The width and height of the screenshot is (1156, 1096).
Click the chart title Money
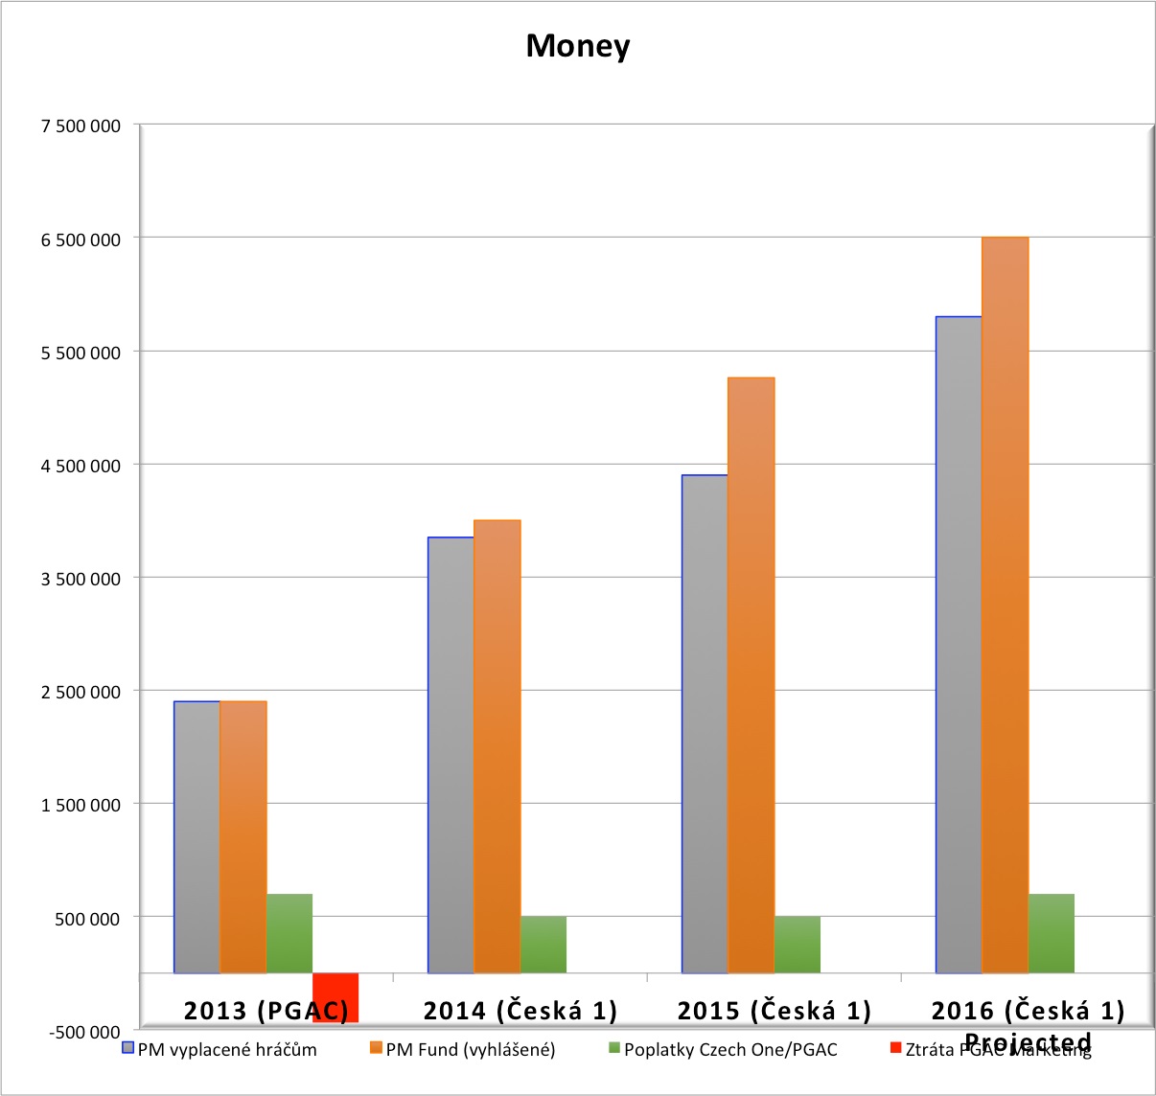point(578,46)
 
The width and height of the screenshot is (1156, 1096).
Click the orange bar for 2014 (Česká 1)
point(497,746)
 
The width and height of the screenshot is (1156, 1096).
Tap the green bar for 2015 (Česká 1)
point(797,945)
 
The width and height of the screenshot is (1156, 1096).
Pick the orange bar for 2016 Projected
point(1005,605)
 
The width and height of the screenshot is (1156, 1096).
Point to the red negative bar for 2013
point(335,997)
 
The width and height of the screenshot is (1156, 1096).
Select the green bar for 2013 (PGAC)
point(289,933)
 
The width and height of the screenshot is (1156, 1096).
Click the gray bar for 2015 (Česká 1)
point(705,723)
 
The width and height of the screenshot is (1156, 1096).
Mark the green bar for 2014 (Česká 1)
point(543,945)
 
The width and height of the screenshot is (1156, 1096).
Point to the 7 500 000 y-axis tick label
point(81,126)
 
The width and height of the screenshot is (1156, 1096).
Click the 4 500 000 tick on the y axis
point(81,467)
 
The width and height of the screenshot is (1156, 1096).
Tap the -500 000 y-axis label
point(84,1032)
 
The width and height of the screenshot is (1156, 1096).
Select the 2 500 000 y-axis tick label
point(81,693)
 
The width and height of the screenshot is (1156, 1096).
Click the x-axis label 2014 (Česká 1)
point(520,1010)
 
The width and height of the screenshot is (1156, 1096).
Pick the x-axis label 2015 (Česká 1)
point(775,1010)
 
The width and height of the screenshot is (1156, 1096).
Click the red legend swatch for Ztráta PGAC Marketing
point(896,1048)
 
